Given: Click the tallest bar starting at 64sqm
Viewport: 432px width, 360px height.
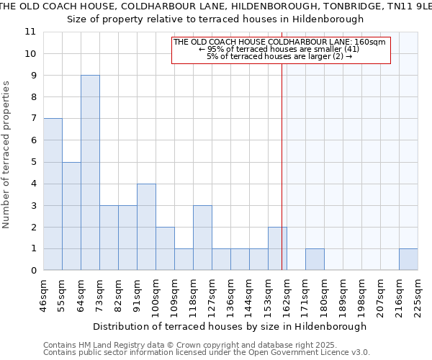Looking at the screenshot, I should point(90,173).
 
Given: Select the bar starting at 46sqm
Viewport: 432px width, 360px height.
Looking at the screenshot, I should point(53,194).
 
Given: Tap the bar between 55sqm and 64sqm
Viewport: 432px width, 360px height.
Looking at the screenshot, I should point(71,216).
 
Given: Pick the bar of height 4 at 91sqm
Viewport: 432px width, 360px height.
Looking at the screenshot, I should point(146,227).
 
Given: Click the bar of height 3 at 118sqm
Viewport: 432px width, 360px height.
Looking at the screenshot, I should point(202,238).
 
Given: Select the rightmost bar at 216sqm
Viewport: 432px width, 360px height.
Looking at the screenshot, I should point(408,259).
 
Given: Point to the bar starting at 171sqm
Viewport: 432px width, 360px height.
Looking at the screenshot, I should point(315,259).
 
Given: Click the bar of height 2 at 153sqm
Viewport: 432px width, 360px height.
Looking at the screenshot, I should point(277,248).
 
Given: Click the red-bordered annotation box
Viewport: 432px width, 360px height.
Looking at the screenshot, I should point(281,50).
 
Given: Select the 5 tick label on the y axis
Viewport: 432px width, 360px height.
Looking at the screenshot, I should point(33,162).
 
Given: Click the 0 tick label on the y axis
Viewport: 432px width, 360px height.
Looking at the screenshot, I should point(33,271).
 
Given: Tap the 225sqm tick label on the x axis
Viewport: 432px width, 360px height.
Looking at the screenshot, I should point(418,293).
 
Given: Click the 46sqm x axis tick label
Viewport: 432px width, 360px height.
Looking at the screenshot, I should point(44,293).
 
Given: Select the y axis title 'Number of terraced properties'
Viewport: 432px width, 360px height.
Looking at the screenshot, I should point(7,155).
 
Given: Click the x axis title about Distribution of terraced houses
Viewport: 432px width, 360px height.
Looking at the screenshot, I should point(230,326).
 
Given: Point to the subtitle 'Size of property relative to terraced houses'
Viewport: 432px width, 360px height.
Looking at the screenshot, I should point(215,19).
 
